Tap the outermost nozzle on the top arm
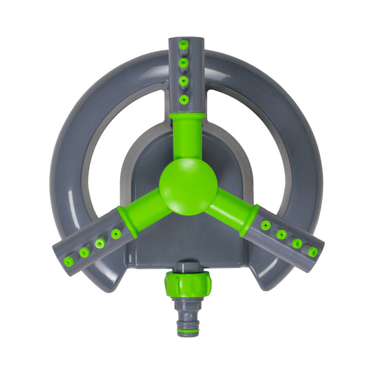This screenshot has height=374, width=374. point(184,45)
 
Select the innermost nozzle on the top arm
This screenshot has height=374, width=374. point(184,99)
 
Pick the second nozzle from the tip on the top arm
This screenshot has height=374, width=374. point(184,63)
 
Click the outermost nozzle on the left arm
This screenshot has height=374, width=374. point(68,261)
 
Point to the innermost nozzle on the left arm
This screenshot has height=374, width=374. point(116,234)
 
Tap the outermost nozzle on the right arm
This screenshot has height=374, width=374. point(313,252)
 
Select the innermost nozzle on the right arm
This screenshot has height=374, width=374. point(265,225)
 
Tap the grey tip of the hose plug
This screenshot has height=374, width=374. point(187,332)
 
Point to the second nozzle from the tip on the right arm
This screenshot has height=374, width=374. point(298,243)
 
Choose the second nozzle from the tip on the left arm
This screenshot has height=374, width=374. point(84,252)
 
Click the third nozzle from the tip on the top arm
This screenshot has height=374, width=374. point(184,81)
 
